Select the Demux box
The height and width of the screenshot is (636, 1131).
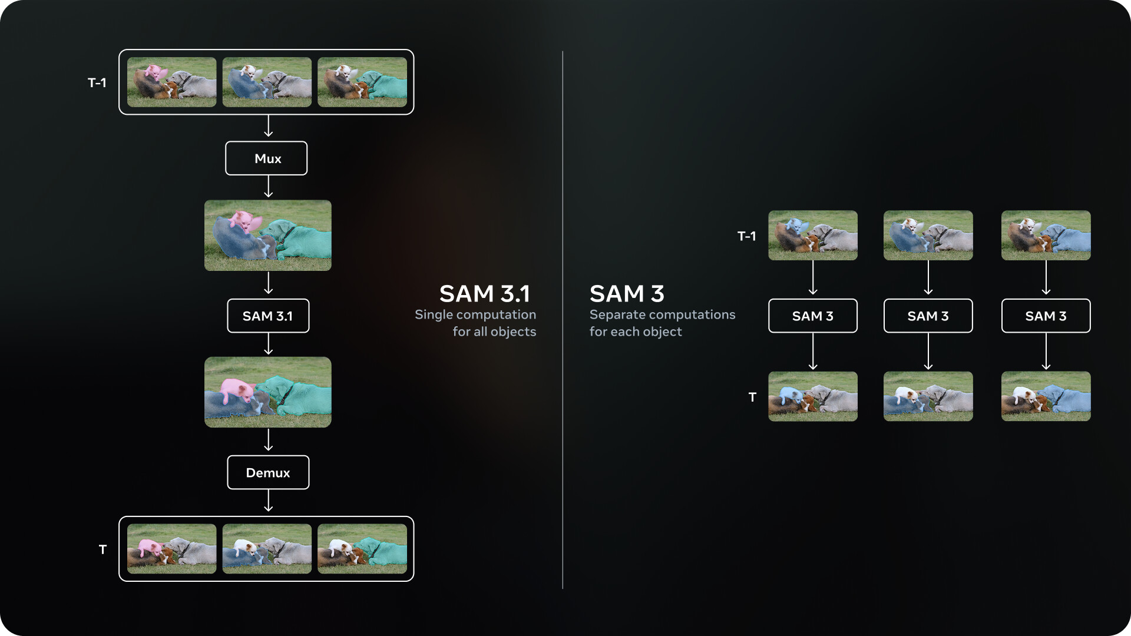(268, 472)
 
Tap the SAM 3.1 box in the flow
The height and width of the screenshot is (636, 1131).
(268, 316)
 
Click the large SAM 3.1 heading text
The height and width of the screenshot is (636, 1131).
(484, 293)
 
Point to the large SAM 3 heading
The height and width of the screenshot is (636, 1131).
(627, 293)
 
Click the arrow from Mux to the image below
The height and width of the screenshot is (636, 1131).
(269, 187)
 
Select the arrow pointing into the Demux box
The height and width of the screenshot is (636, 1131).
(269, 440)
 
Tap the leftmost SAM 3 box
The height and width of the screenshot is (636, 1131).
(812, 316)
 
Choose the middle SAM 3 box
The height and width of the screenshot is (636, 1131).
(928, 316)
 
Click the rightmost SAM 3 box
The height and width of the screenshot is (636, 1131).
(1046, 316)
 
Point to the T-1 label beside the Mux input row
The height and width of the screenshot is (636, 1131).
(97, 82)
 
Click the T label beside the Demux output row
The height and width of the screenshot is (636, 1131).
(102, 549)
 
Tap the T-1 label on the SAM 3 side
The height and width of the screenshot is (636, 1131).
(746, 236)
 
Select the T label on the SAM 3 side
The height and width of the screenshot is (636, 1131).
(752, 397)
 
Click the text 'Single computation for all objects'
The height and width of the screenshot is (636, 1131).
(475, 323)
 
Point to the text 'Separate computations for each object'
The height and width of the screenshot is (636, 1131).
(662, 323)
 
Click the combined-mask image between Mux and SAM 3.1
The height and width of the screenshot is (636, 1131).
(268, 236)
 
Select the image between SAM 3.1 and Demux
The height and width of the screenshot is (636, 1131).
(268, 392)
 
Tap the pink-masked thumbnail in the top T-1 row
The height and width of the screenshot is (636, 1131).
(172, 82)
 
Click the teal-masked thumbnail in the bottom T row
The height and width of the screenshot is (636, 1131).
(362, 549)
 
